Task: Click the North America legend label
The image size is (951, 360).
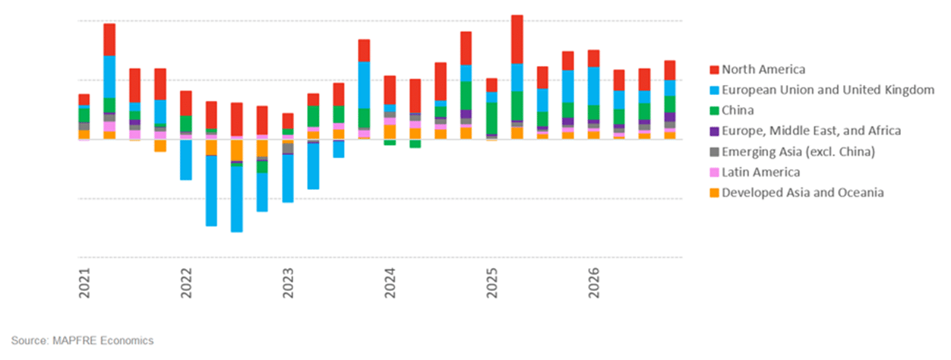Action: (763, 70)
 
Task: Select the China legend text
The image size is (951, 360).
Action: (738, 110)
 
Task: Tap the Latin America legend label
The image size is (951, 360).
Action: (760, 172)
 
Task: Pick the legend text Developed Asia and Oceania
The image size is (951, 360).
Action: (802, 193)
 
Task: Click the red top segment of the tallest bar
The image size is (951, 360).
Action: (517, 39)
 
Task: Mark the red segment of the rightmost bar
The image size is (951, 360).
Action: (669, 70)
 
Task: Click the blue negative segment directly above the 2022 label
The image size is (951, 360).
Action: (185, 159)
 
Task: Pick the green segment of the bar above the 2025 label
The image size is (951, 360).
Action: (491, 118)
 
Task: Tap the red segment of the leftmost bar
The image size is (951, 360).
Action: (84, 99)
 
